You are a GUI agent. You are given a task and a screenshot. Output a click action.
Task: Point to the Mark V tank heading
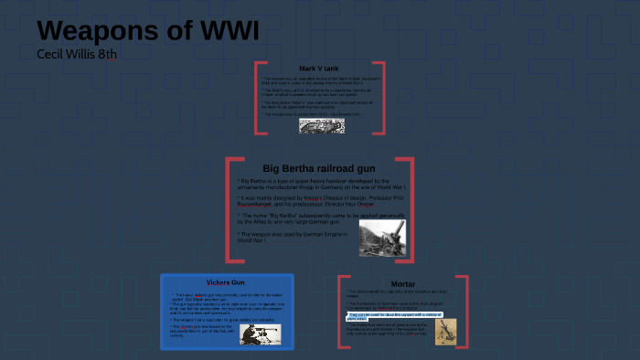320,69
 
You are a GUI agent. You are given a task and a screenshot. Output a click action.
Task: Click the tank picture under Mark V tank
321,126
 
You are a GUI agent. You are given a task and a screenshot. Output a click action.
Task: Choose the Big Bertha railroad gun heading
318,168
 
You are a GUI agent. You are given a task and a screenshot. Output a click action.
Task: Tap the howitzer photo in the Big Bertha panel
382,238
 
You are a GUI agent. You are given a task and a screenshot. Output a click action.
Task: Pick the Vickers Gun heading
225,282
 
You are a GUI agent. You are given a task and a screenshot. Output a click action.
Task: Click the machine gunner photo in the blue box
261,334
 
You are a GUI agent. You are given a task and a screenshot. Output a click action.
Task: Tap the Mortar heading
402,283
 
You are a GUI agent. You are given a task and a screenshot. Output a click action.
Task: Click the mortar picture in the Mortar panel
446,331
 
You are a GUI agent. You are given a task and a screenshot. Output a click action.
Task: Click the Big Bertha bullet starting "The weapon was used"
293,237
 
